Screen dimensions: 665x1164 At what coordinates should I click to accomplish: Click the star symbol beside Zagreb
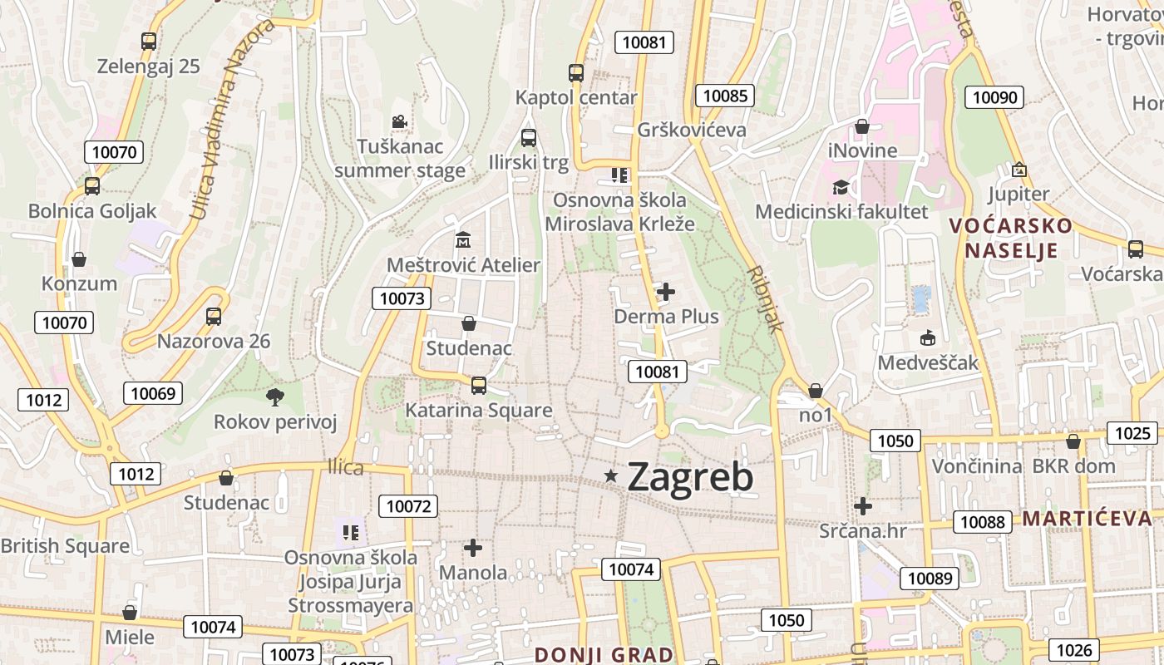pyautogui.click(x=611, y=475)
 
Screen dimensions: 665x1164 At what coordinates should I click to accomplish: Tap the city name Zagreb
pyautogui.click(x=690, y=477)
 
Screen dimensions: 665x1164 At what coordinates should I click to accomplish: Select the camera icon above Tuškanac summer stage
pyautogui.click(x=400, y=122)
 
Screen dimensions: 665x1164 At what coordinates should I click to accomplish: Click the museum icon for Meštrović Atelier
pyautogui.click(x=463, y=240)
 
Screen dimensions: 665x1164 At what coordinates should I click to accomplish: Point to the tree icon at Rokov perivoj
pyautogui.click(x=274, y=397)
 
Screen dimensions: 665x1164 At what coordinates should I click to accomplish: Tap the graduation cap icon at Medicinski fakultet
pyautogui.click(x=841, y=187)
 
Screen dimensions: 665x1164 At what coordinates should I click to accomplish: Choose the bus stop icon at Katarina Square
pyautogui.click(x=478, y=385)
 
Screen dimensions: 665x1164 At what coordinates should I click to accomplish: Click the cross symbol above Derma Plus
pyautogui.click(x=666, y=292)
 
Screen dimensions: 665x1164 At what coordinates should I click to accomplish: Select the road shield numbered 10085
pyautogui.click(x=724, y=96)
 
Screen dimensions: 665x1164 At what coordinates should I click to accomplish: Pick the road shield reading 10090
pyautogui.click(x=994, y=97)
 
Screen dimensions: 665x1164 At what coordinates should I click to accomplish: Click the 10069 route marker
pyautogui.click(x=153, y=393)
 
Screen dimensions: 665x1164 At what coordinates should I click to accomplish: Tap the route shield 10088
pyautogui.click(x=982, y=522)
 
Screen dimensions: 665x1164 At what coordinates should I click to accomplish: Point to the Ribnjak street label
pyautogui.click(x=765, y=299)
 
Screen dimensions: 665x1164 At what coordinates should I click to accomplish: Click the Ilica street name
pyautogui.click(x=345, y=467)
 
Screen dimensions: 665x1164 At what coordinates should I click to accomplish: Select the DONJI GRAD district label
pyautogui.click(x=604, y=654)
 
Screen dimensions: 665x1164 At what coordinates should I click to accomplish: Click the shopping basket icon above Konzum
pyautogui.click(x=79, y=260)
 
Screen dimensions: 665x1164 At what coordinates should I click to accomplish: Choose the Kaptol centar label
pyautogui.click(x=576, y=97)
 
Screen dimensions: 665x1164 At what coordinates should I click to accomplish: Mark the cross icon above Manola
pyautogui.click(x=473, y=548)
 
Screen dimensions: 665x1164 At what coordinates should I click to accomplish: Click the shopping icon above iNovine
pyautogui.click(x=862, y=126)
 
